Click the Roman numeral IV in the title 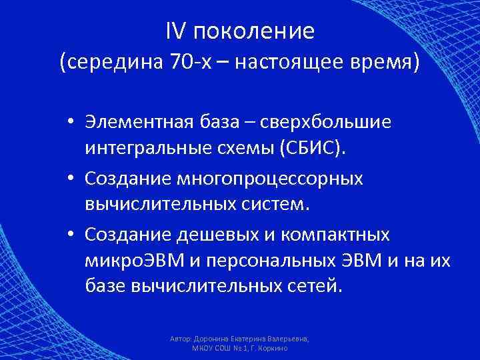172,30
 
